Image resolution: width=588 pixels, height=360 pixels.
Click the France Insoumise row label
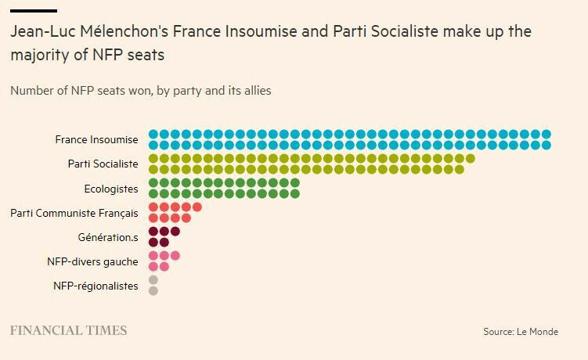[x=96, y=140]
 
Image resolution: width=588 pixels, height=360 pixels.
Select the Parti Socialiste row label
[x=103, y=164]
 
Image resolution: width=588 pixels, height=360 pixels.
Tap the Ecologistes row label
[x=111, y=189]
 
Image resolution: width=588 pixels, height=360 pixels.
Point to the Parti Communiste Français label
[x=74, y=213]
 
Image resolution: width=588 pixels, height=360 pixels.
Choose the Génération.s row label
[x=108, y=237]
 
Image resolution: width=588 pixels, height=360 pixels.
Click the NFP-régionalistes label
[x=96, y=286]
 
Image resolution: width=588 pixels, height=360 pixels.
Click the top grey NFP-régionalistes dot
[x=153, y=279]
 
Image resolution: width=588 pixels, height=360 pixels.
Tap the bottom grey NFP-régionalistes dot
[x=153, y=291]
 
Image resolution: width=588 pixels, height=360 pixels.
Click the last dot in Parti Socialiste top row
[x=470, y=159]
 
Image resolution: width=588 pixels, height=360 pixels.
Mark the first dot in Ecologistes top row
[x=153, y=183]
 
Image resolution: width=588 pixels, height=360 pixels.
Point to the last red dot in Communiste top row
[x=197, y=207]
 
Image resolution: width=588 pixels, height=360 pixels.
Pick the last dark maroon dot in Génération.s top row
[x=175, y=232]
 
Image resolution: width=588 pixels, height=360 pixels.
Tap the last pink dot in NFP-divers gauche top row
[x=175, y=256]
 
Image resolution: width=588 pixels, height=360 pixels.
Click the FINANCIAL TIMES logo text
[x=68, y=331]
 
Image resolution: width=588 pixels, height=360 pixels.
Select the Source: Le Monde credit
[x=521, y=332]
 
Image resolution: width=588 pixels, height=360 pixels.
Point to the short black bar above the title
[x=33, y=11]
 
